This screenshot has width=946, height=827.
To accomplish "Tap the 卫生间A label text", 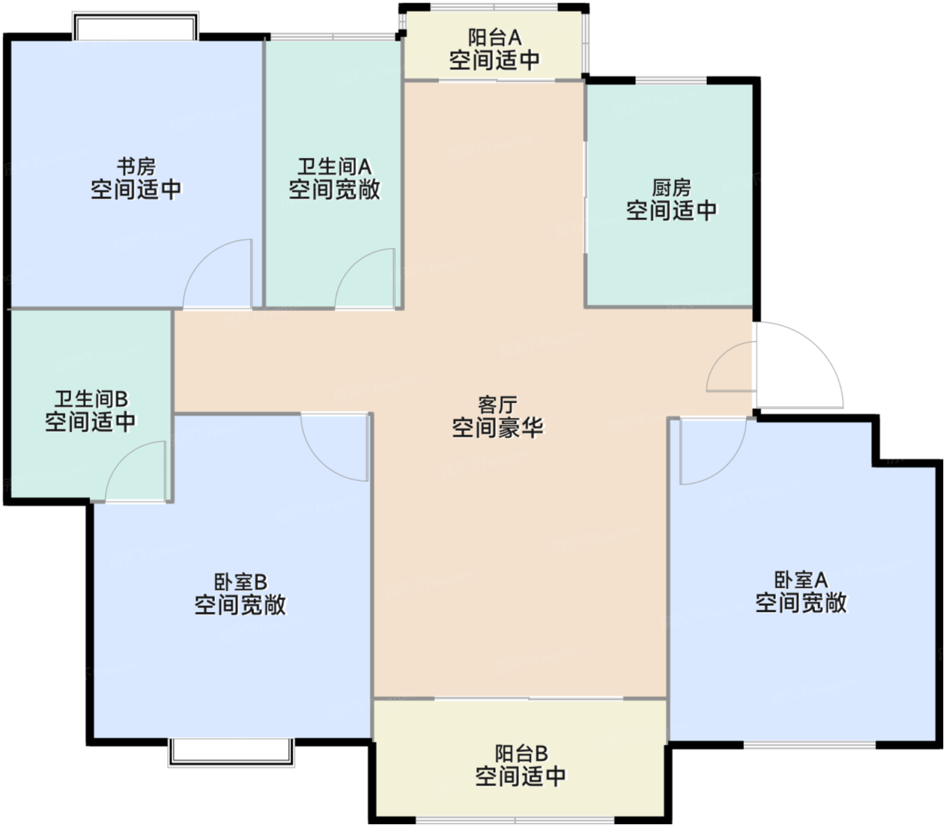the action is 334,166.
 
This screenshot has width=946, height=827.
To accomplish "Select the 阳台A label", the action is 495,37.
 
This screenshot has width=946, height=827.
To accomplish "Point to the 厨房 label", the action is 672,187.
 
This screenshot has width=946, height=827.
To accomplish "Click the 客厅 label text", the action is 497,405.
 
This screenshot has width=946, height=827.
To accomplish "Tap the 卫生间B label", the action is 91,398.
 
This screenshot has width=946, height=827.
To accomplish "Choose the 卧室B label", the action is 241,582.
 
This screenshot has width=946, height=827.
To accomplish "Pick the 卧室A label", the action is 801,580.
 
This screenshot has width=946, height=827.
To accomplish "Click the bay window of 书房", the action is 135,26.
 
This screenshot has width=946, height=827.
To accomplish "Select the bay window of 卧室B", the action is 231,753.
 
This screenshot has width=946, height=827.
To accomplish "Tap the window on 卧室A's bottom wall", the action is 810,745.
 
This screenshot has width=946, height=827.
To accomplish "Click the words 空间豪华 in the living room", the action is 497,427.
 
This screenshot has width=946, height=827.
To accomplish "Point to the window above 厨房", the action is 672,80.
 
